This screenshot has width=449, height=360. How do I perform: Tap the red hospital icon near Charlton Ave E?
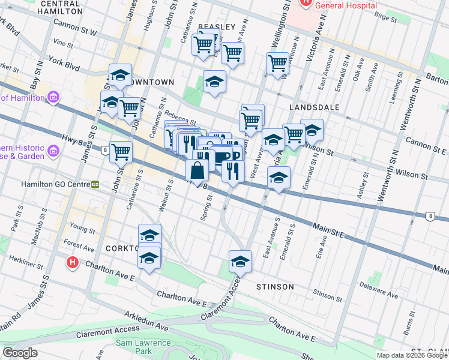coord(73,263)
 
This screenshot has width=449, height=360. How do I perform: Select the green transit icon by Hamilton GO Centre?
coord(95,184)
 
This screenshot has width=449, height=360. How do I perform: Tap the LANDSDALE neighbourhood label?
coord(314,107)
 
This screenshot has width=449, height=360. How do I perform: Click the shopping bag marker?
coord(197,171)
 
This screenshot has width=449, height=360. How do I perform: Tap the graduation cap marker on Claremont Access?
coord(240,262)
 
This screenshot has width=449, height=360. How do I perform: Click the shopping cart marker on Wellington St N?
coord(278,63)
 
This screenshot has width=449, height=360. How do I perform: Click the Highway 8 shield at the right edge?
coord(430,216)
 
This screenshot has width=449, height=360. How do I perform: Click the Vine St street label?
coord(62,44)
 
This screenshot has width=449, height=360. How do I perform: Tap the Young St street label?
coord(83,228)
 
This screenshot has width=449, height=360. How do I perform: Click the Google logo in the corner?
coord(20,353)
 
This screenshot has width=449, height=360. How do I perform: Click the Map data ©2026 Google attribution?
coord(411,355)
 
